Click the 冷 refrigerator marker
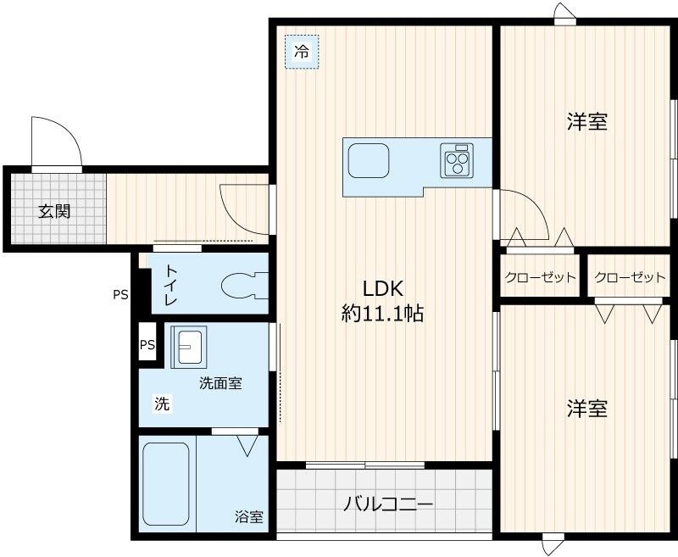tap(302, 52)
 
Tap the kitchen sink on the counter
tap(369, 160)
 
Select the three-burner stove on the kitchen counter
tap(458, 160)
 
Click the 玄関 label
tap(53, 211)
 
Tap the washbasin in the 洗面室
tap(187, 347)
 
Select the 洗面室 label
tap(220, 383)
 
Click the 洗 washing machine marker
tap(161, 404)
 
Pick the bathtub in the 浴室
tap(166, 485)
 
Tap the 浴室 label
tap(249, 516)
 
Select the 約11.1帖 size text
tap(382, 313)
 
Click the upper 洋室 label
tap(586, 122)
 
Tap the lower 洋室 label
tap(586, 409)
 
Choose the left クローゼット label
tap(540, 277)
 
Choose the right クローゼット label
tap(630, 277)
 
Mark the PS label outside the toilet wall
tap(121, 295)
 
